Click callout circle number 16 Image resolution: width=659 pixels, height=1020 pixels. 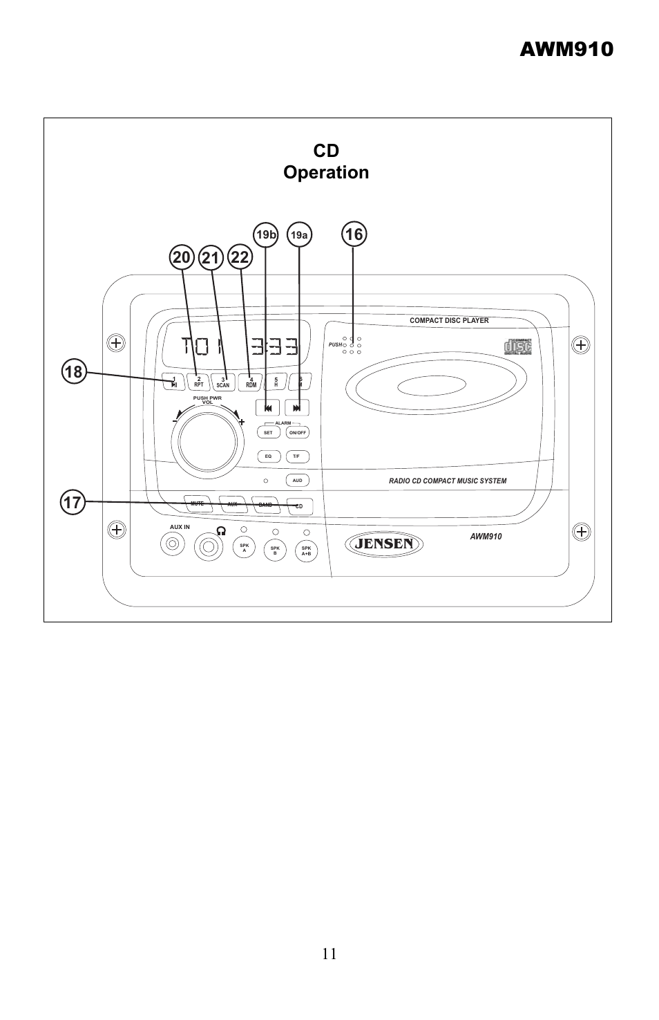(x=353, y=235)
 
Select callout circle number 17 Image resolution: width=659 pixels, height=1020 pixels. (x=72, y=501)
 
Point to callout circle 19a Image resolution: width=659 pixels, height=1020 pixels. (x=298, y=235)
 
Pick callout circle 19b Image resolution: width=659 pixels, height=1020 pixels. (x=266, y=235)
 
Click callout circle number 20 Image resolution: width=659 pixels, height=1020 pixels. (x=182, y=258)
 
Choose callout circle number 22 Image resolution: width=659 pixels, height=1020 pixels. (x=240, y=258)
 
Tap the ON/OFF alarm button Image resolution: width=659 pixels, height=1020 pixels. (x=298, y=432)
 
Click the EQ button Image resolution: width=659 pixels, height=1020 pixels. (x=268, y=456)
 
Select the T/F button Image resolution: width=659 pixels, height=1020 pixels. (x=297, y=456)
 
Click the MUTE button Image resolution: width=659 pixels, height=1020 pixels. (x=198, y=504)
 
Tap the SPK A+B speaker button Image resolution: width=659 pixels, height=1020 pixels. (x=306, y=551)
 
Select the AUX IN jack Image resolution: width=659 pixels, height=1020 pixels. (x=173, y=546)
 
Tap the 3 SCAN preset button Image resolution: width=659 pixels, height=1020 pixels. (x=222, y=382)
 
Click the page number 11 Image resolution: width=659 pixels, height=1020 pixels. (x=329, y=954)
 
